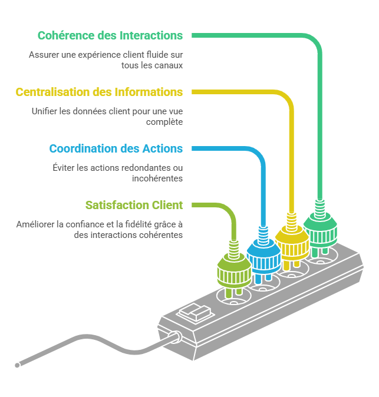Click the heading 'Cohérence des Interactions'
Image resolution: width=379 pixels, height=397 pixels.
click(110, 35)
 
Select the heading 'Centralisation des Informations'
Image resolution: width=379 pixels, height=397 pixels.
click(99, 92)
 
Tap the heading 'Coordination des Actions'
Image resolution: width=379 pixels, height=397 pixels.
click(116, 148)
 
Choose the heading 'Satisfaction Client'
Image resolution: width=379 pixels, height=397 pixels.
click(134, 205)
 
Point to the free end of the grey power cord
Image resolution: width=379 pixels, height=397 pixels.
click(18, 365)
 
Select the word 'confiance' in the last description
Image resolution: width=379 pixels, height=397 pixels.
click(90, 224)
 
